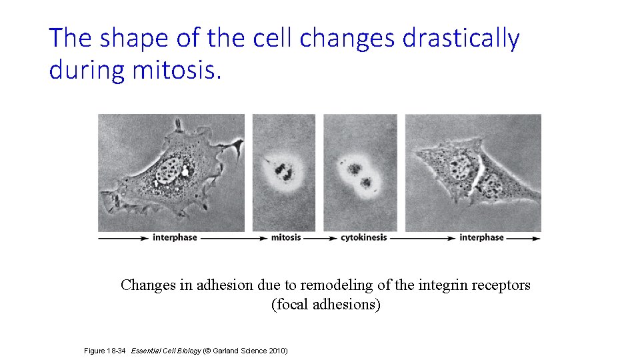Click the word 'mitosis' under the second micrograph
(286, 237)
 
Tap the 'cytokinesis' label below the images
(363, 237)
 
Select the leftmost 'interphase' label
(175, 237)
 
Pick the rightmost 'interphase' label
(481, 237)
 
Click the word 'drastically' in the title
(461, 39)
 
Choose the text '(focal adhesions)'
(326, 305)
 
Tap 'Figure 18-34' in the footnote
(106, 350)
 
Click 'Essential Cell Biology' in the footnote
(166, 350)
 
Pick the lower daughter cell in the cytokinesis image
(365, 182)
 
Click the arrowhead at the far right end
(537, 237)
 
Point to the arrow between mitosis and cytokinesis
(321, 237)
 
